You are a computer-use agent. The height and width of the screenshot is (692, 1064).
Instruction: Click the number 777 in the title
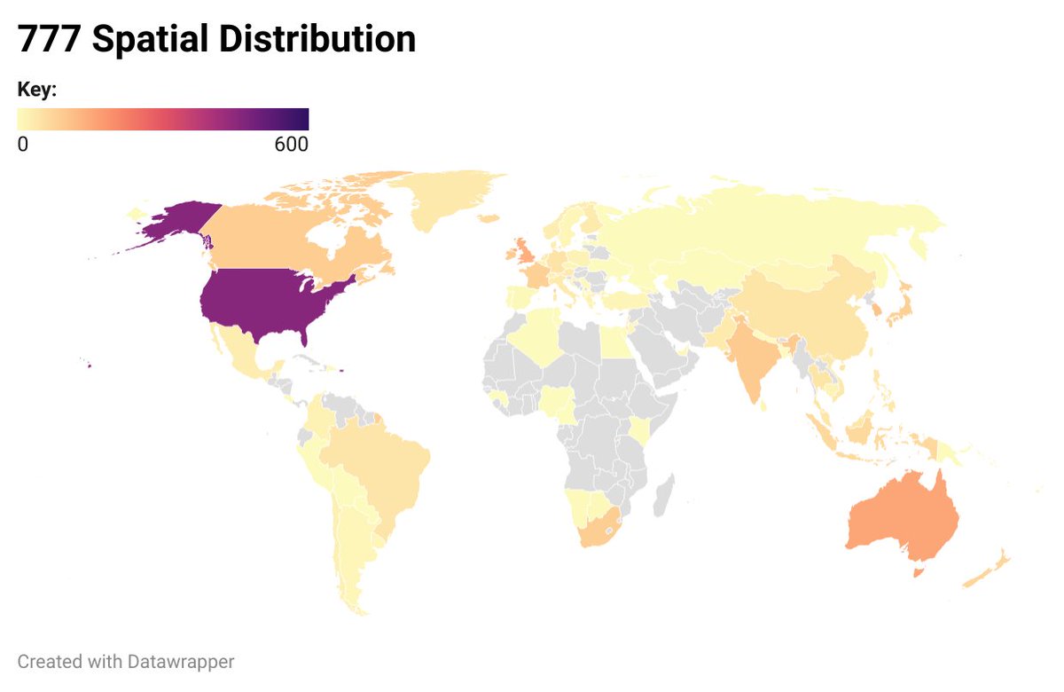click(x=51, y=40)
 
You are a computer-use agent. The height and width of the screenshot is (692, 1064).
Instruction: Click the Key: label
click(x=37, y=90)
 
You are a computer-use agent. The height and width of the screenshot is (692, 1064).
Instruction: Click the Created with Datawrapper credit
click(x=126, y=662)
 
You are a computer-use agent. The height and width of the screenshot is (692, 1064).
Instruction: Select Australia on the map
click(x=900, y=519)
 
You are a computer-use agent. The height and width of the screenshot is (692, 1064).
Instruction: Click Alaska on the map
click(x=177, y=222)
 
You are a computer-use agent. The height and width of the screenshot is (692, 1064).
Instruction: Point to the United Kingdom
click(x=522, y=249)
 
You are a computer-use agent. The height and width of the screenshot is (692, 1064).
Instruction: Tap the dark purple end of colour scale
click(x=300, y=119)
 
